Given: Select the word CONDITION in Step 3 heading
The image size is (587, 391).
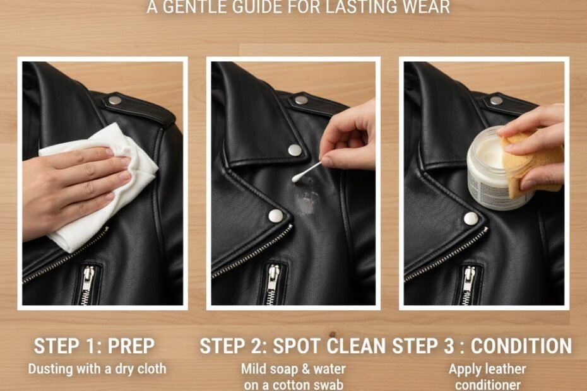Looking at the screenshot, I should [521, 346].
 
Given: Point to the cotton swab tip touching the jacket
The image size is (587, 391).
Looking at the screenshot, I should [296, 178].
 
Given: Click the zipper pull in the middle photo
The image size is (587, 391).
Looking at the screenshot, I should [274, 281].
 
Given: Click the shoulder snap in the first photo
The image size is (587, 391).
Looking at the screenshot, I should [114, 100].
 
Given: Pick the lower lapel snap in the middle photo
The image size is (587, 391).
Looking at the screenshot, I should [276, 216].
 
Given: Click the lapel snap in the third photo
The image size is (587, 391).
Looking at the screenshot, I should [471, 218].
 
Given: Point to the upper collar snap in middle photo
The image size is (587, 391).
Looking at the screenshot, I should [294, 150].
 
